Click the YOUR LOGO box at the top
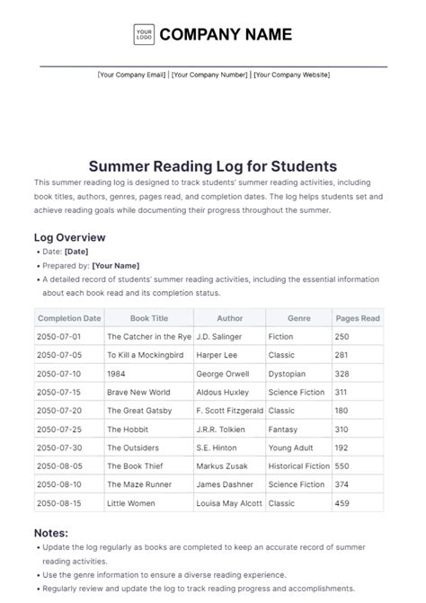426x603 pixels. pyautogui.click(x=143, y=34)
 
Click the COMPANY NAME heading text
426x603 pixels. pyautogui.click(x=226, y=34)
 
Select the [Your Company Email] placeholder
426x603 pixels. pyautogui.click(x=132, y=75)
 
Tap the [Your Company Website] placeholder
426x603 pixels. pyautogui.click(x=291, y=75)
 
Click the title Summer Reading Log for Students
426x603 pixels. pyautogui.click(x=213, y=166)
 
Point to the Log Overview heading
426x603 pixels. pyautogui.click(x=70, y=237)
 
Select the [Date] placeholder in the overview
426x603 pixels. pyautogui.click(x=76, y=253)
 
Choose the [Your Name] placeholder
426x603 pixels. pyautogui.click(x=115, y=266)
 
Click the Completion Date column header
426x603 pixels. pyautogui.click(x=68, y=318)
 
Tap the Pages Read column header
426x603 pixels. pyautogui.click(x=358, y=318)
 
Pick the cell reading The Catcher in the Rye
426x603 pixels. pyautogui.click(x=148, y=336)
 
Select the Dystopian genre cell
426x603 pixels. pyautogui.click(x=288, y=373)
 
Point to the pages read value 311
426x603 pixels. pyautogui.click(x=342, y=392)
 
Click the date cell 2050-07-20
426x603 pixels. pyautogui.click(x=58, y=411)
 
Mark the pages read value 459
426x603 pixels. pyautogui.click(x=342, y=503)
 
